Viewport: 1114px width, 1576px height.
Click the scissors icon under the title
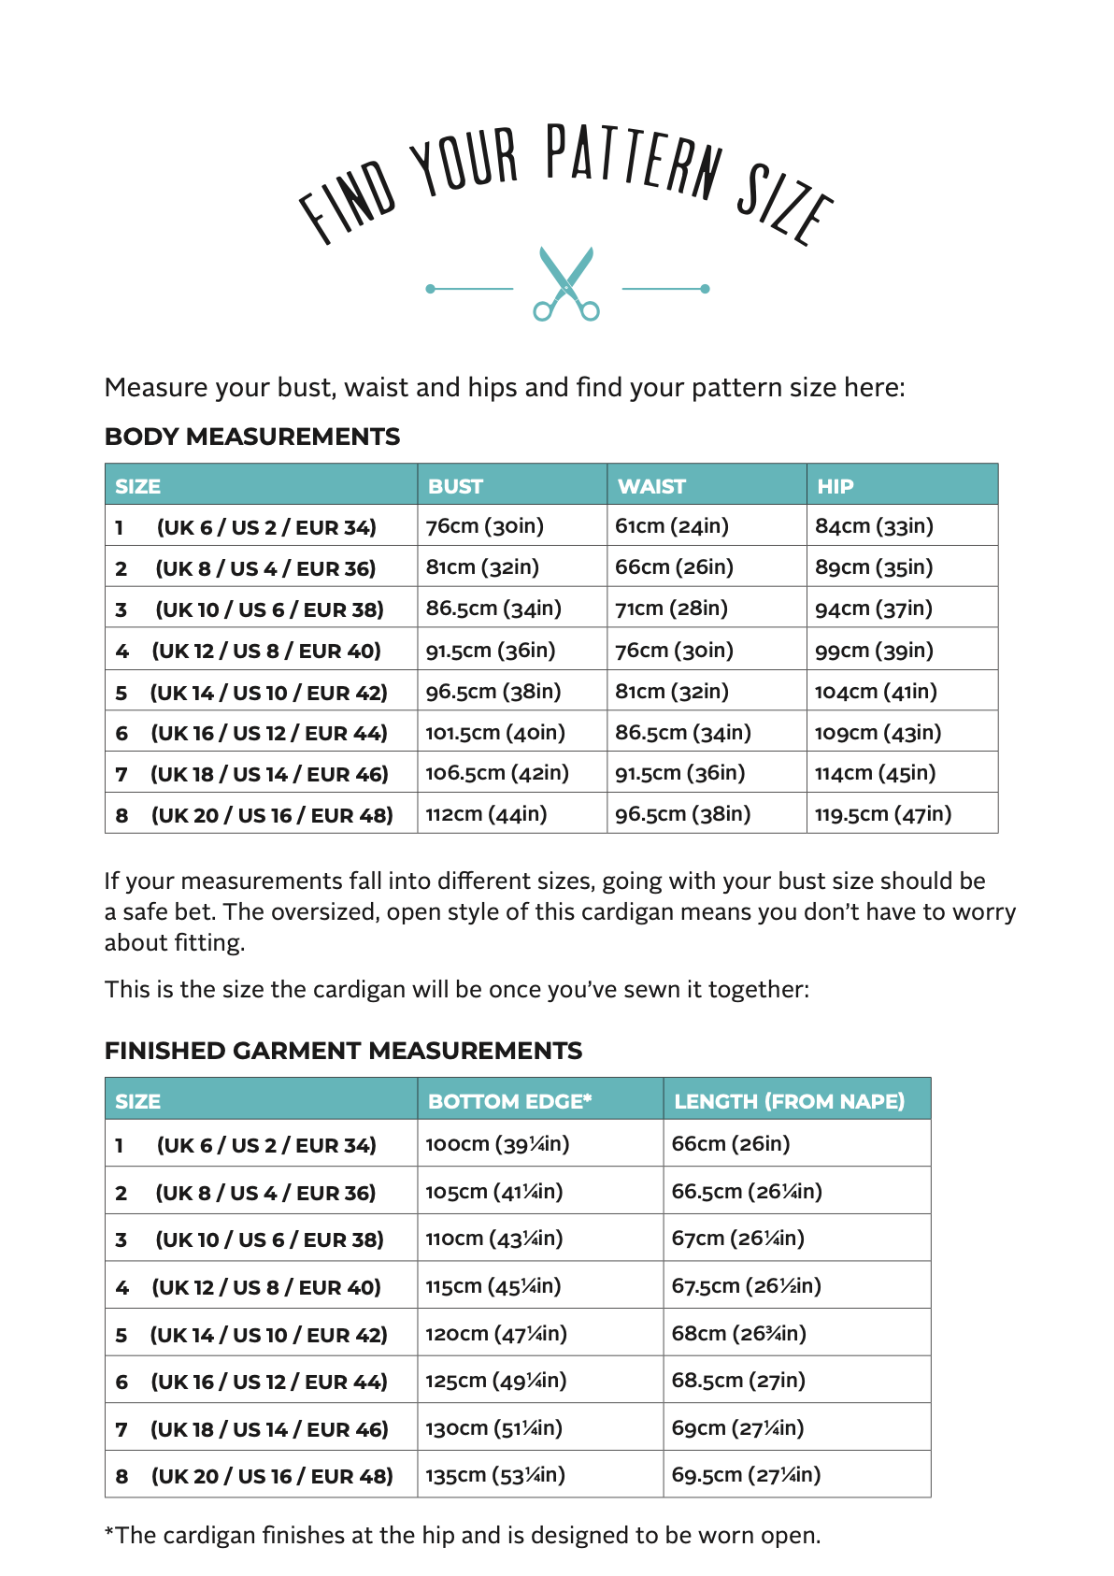(565, 283)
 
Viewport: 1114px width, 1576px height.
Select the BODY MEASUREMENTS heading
(252, 437)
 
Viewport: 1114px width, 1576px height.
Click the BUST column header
(455, 486)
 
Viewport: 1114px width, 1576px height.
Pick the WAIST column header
(651, 486)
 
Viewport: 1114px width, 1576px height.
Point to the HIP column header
(835, 486)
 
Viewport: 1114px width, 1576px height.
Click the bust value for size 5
(493, 692)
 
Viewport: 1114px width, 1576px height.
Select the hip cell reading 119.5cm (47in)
(882, 814)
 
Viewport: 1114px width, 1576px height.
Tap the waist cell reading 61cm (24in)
(671, 526)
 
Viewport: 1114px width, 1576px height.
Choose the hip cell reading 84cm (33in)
(874, 526)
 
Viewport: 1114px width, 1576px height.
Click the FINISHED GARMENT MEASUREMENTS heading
(343, 1051)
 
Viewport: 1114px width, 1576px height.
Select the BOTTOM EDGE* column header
(509, 1101)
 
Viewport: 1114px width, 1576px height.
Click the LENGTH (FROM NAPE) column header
(789, 1101)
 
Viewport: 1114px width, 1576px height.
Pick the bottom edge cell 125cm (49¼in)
(495, 1381)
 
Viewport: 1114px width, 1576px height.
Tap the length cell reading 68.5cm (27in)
(738, 1381)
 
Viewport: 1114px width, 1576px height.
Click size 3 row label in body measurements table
(250, 609)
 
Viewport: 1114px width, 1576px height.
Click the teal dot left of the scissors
(430, 289)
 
